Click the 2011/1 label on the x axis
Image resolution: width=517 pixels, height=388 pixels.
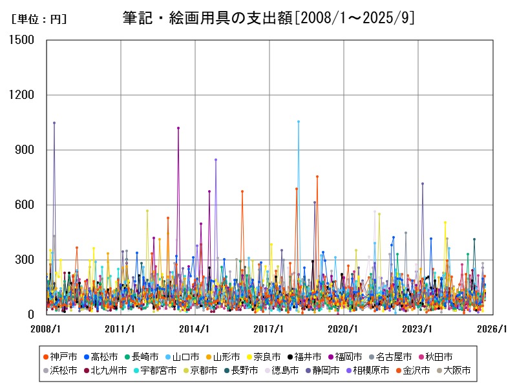(x=121, y=329)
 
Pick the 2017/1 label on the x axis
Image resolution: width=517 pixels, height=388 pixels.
(x=269, y=329)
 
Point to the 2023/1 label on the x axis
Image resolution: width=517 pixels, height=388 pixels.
(x=418, y=329)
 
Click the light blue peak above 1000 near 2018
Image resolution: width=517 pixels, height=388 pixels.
(x=299, y=122)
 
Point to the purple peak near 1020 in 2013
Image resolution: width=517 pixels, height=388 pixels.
(x=178, y=128)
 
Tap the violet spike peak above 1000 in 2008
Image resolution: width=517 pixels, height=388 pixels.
(x=54, y=123)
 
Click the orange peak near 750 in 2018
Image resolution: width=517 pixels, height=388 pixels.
(x=317, y=177)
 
